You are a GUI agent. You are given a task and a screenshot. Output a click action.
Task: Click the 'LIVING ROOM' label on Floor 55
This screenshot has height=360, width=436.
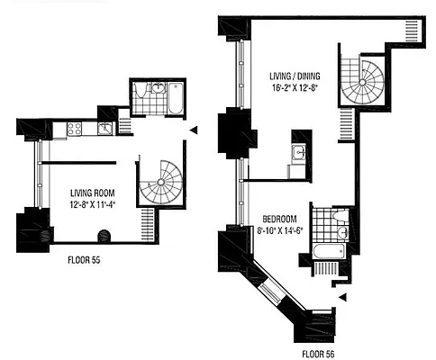pos(92,192)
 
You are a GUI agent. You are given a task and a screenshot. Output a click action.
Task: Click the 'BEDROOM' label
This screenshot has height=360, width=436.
pos(281,220)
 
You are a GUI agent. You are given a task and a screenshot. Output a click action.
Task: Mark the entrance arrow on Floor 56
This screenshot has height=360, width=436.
pos(341,296)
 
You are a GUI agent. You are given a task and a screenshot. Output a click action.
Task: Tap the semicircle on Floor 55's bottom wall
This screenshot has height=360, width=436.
pos(104,236)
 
